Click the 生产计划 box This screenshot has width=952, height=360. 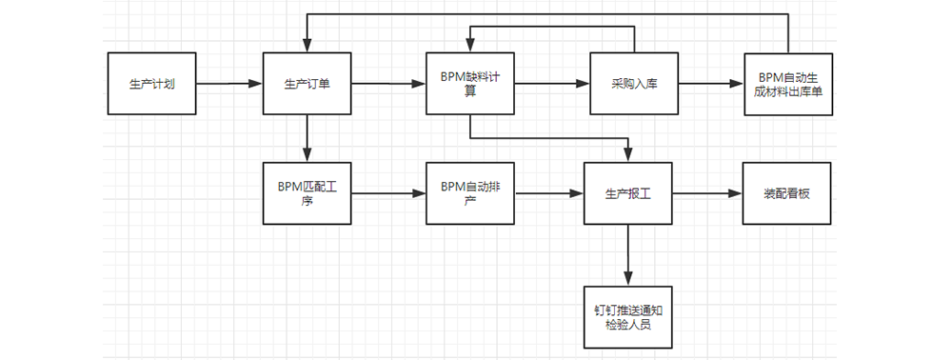[x=151, y=84]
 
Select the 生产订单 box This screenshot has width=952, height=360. [x=307, y=84]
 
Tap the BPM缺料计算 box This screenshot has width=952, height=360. [x=470, y=84]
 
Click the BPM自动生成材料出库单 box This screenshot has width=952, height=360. [x=788, y=84]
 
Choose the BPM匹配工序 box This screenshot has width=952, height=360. [x=307, y=192]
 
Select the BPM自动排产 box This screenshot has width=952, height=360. [x=470, y=192]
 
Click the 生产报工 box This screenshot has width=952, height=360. [x=628, y=192]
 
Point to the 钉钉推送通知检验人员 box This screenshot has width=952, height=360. [x=628, y=317]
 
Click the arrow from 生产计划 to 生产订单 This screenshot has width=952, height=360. [x=228, y=84]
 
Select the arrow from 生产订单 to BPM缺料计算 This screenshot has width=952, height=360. [x=388, y=84]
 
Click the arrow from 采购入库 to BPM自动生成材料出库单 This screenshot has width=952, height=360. [x=711, y=84]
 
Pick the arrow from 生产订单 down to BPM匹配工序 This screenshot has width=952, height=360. [x=307, y=138]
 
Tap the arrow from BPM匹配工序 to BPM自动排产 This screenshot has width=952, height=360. [x=388, y=193]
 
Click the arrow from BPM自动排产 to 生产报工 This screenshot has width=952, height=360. [x=549, y=193]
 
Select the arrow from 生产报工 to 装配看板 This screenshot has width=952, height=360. [x=707, y=193]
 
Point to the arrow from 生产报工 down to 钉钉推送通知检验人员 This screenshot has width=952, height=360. [x=628, y=254]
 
